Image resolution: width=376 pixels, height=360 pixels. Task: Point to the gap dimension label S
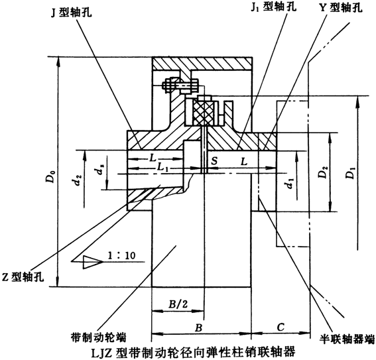pos(214,160)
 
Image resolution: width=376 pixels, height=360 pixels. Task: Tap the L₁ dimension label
pos(164,170)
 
